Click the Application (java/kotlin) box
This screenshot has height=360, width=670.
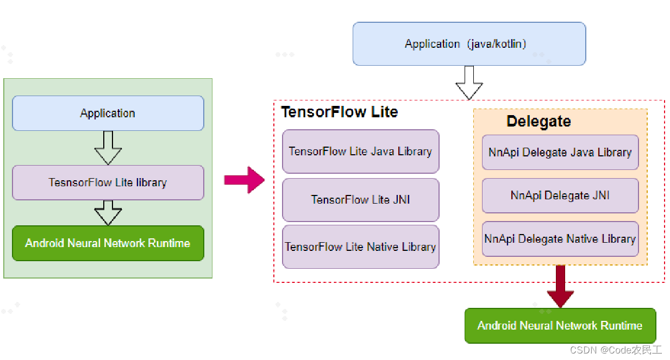(469, 44)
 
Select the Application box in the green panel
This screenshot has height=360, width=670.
(108, 113)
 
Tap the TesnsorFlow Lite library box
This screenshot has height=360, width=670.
(108, 182)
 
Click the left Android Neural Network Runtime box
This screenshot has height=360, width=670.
(108, 243)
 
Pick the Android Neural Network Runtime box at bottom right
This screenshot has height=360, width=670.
(560, 326)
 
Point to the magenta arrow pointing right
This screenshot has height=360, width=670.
(244, 180)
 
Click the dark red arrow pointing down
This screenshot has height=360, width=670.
(560, 286)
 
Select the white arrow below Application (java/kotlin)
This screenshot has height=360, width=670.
(469, 83)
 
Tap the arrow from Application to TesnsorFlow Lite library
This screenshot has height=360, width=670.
(108, 148)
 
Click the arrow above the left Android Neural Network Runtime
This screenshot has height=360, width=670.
(108, 213)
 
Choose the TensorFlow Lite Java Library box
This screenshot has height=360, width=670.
(360, 151)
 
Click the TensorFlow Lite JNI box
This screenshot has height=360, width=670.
(360, 200)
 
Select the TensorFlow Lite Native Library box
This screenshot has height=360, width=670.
(360, 247)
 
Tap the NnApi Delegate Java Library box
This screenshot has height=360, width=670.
(560, 153)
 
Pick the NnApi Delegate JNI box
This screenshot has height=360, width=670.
(560, 195)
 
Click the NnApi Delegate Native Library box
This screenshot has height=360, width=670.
(560, 239)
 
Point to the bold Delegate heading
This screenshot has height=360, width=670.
(538, 121)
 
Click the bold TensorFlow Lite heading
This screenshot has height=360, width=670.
(339, 112)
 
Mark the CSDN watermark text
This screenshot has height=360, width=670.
(616, 350)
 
